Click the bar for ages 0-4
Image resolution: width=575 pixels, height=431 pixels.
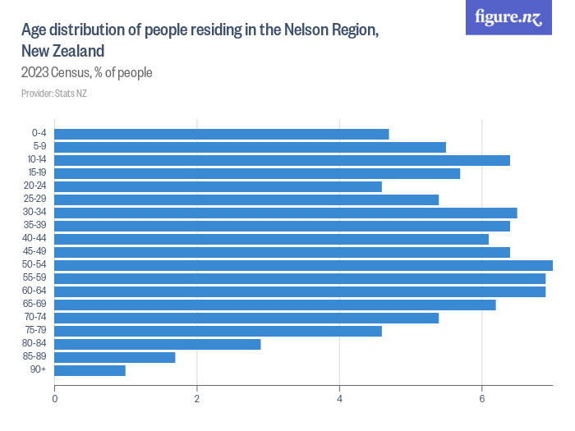(222, 134)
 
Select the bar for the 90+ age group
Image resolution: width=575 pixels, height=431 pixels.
(90, 370)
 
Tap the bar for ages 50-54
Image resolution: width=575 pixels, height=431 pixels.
(303, 265)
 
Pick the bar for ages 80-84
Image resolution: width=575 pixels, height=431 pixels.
(158, 344)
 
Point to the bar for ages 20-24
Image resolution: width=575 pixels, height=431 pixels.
(218, 186)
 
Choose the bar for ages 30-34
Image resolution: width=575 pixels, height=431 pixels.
(286, 213)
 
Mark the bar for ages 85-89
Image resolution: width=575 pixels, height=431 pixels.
(115, 357)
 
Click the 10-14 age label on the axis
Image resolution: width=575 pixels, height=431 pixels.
(36, 160)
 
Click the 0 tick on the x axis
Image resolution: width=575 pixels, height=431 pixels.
(55, 399)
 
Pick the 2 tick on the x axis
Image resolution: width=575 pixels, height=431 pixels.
(197, 399)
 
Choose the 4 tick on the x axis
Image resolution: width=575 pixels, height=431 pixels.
(340, 399)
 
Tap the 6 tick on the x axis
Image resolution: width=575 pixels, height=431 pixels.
(482, 399)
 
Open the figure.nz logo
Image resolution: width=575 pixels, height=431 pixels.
(508, 17)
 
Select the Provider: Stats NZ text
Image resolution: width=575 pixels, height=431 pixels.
(54, 94)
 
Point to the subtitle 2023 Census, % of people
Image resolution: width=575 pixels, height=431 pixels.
(87, 73)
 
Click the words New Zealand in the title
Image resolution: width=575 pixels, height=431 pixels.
(62, 51)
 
